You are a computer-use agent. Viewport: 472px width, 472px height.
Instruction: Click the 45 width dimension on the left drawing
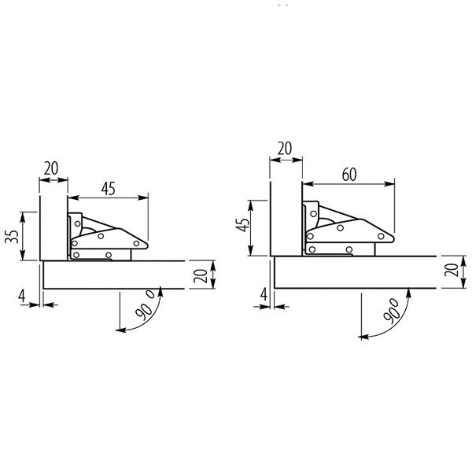(x=109, y=189)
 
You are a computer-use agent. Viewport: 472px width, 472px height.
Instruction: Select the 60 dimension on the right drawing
(x=349, y=175)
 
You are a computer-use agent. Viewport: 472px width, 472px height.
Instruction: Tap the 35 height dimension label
(x=12, y=236)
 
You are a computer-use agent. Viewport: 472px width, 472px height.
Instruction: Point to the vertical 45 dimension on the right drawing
(x=242, y=224)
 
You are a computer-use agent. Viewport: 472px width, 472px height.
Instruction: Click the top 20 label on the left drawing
(x=51, y=168)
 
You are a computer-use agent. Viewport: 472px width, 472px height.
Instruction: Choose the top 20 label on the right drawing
(x=285, y=149)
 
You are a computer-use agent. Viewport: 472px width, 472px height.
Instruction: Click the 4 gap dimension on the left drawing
(x=22, y=296)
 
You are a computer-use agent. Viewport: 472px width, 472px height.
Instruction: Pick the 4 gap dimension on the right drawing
(x=264, y=294)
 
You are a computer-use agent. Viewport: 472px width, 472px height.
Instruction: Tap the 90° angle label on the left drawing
(x=145, y=304)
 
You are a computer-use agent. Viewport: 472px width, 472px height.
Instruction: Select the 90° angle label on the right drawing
(x=391, y=311)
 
